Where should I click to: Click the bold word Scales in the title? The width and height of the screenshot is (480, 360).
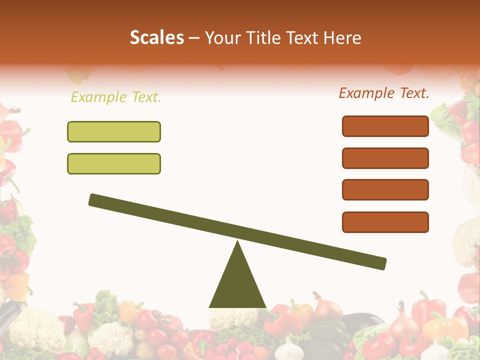point(156,37)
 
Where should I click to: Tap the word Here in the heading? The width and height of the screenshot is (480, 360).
point(342,37)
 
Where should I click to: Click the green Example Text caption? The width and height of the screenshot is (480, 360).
point(116,97)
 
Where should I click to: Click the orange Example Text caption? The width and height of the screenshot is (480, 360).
point(384,93)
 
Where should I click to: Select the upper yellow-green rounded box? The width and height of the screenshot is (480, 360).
point(114,131)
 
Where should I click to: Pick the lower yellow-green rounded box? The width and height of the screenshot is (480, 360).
point(114,163)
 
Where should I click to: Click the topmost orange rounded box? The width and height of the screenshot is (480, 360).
point(385,126)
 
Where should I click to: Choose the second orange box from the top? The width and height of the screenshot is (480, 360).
point(385,158)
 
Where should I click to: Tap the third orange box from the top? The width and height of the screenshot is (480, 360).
point(385,190)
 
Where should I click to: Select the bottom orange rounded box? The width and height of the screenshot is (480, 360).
point(385,222)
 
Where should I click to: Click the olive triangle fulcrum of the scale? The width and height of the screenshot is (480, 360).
point(237,285)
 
